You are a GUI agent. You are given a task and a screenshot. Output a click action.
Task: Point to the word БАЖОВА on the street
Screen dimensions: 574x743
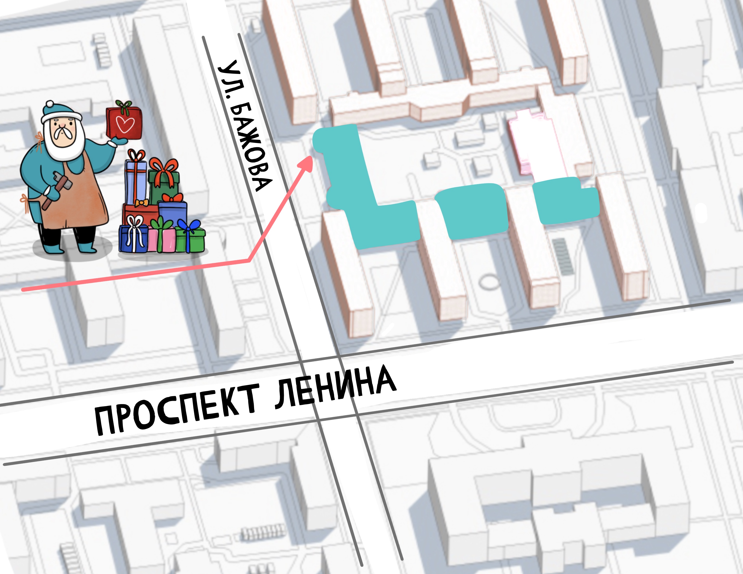coord(250,146)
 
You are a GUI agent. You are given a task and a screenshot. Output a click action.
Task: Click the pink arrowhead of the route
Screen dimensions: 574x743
coord(306,163)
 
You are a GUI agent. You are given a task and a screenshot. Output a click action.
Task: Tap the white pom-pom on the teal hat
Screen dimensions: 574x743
coord(50,104)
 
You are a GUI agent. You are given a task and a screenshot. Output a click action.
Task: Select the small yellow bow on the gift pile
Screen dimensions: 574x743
coord(141,203)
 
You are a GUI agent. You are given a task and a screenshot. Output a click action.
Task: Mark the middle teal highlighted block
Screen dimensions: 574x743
coord(473,211)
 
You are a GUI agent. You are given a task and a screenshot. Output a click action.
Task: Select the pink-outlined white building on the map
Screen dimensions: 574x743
coord(531,143)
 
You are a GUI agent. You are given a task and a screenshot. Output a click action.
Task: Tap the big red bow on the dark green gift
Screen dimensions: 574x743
coord(164,168)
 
